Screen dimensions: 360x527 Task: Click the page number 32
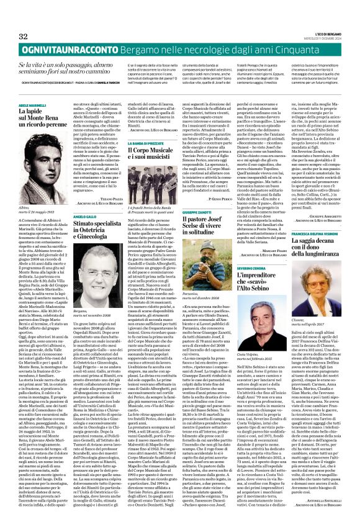24,36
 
